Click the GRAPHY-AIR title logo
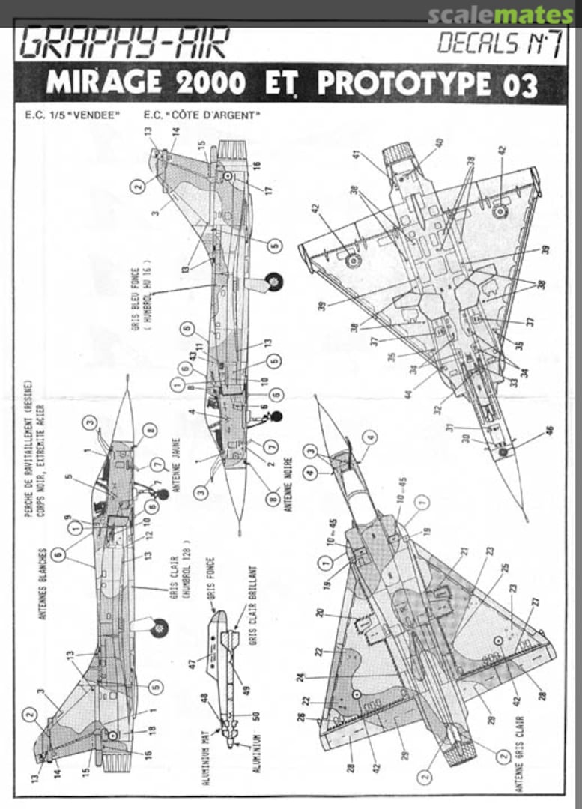click(124, 43)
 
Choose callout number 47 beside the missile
click(192, 663)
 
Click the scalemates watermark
click(500, 15)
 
